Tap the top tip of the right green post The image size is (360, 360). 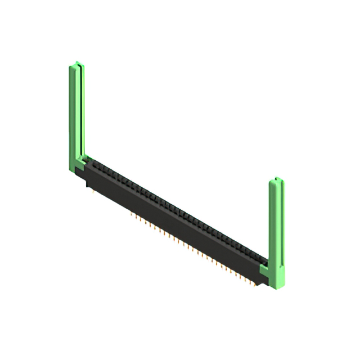[x=277, y=179]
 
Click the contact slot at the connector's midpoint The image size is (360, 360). [x=177, y=211]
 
